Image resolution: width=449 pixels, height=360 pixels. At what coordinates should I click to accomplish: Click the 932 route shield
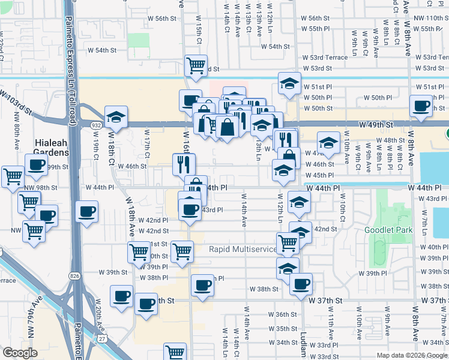[96, 124]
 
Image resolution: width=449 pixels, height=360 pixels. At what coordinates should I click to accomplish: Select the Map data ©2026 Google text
[412, 355]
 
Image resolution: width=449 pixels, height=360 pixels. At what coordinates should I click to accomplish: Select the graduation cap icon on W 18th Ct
[116, 116]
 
